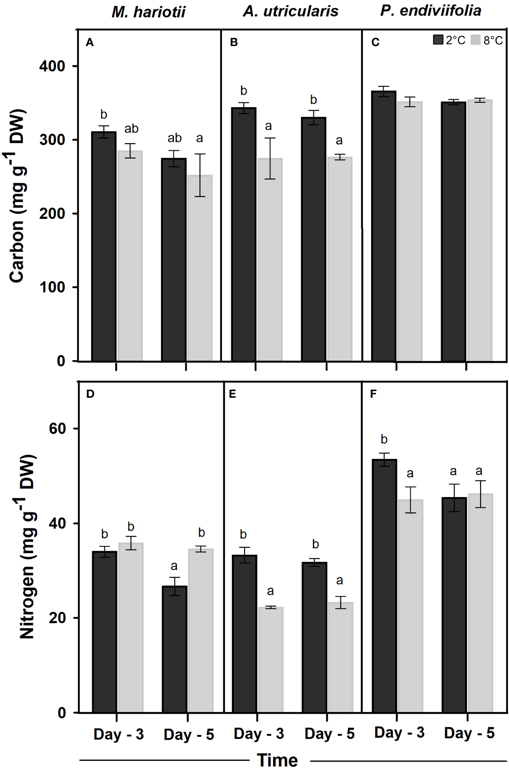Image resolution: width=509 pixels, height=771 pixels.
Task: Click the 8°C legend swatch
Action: point(475,40)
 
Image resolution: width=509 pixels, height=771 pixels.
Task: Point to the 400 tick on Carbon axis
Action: point(52,66)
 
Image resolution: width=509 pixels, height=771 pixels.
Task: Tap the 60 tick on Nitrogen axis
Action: point(57,428)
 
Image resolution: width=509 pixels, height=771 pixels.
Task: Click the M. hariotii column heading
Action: point(148,12)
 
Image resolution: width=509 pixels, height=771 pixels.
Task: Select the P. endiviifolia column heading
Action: point(431,11)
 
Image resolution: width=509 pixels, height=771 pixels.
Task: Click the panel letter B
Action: point(234,42)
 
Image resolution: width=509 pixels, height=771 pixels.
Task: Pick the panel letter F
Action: point(373,394)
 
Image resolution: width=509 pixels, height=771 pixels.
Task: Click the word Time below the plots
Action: point(277,760)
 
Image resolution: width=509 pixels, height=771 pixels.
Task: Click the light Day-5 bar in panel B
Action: point(339,259)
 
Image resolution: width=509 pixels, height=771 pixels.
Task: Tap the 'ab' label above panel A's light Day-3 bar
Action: point(131,129)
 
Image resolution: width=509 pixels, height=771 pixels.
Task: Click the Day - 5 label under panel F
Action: point(469,733)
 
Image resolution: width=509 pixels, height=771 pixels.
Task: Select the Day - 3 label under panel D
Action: point(119,734)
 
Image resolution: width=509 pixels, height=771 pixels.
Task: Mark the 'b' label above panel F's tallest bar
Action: point(384,439)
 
